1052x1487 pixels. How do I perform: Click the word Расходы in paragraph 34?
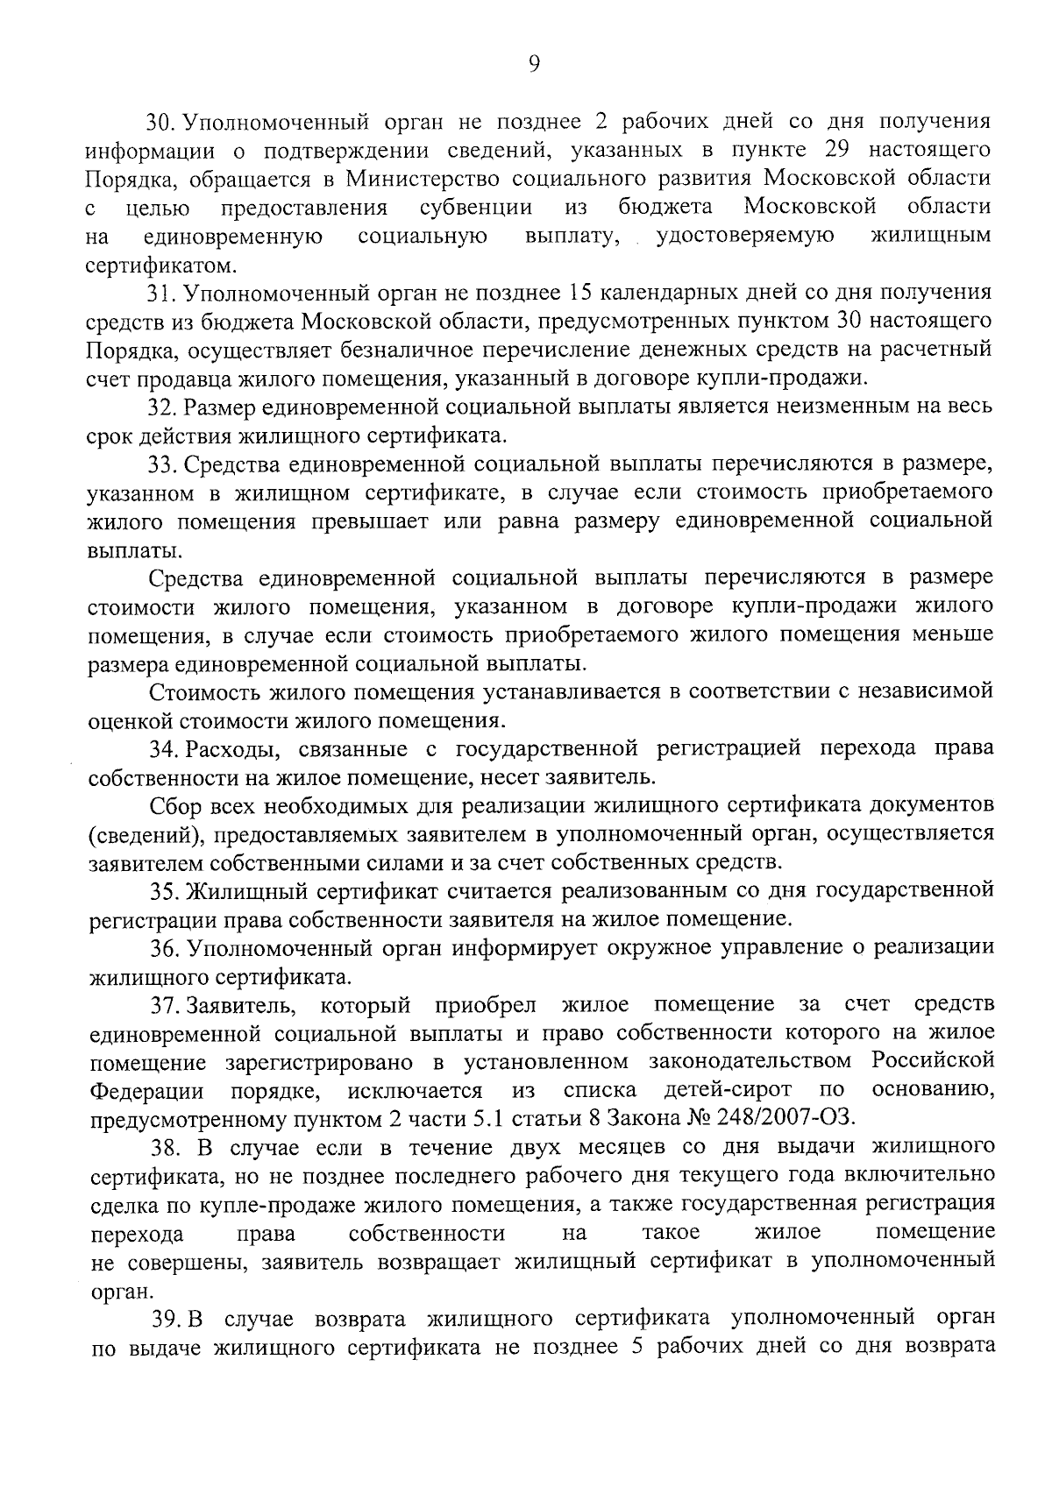pos(231,749)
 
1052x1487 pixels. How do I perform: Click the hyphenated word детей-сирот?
pos(728,1091)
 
